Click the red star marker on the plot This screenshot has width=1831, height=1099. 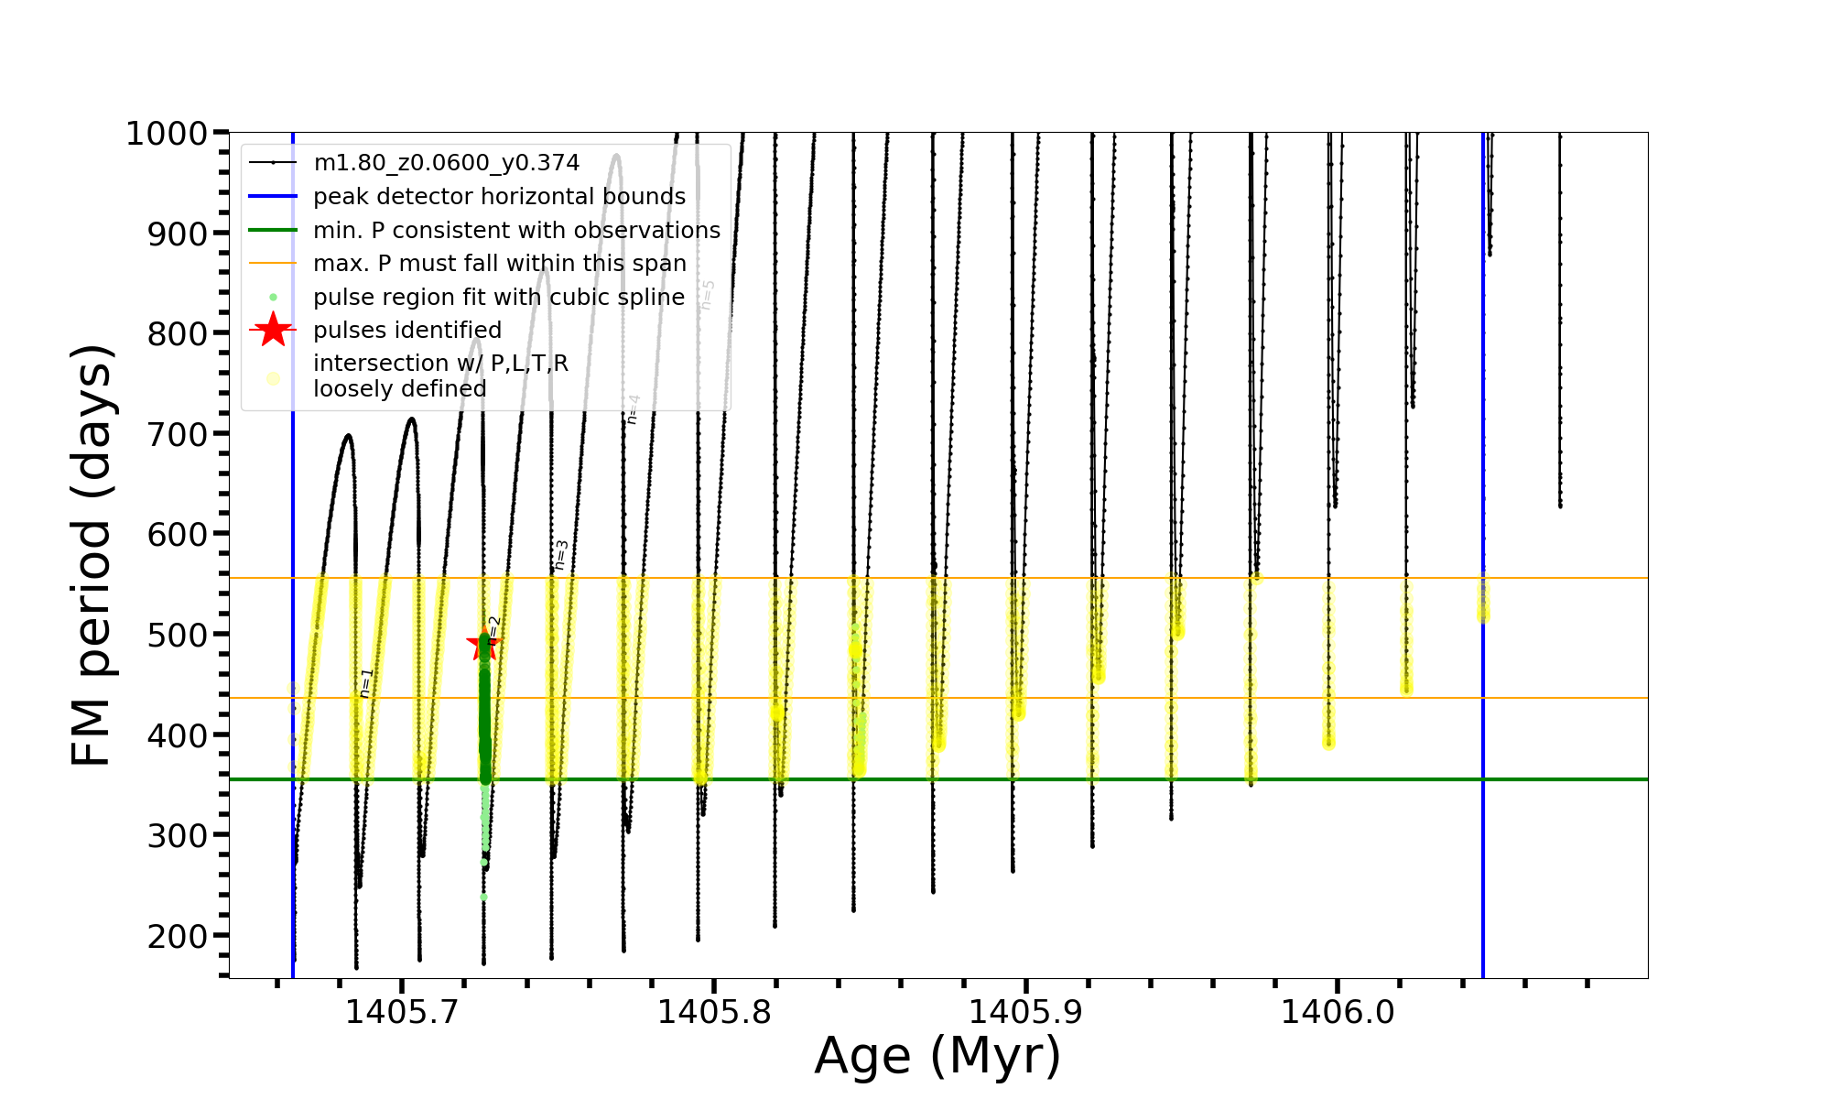[482, 644]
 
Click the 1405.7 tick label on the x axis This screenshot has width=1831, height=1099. [401, 1012]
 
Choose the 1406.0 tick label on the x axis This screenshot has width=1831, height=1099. [1338, 1012]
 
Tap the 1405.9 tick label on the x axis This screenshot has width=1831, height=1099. [1025, 1012]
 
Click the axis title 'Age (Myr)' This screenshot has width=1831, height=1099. [937, 1056]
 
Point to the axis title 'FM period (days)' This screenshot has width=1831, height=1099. [92, 555]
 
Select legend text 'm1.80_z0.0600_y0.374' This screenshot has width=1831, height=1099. [446, 163]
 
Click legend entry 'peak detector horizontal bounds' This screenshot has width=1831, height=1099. [499, 197]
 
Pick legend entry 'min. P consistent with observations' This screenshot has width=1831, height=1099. [516, 231]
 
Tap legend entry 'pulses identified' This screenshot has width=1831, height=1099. [407, 331]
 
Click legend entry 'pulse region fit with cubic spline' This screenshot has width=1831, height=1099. [499, 298]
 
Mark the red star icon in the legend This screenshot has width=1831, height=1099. [273, 330]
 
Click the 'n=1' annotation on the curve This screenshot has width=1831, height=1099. [366, 683]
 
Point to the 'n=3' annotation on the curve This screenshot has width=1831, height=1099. [561, 555]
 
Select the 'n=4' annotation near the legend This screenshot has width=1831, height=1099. [633, 409]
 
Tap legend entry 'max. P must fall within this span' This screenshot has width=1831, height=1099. [500, 264]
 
